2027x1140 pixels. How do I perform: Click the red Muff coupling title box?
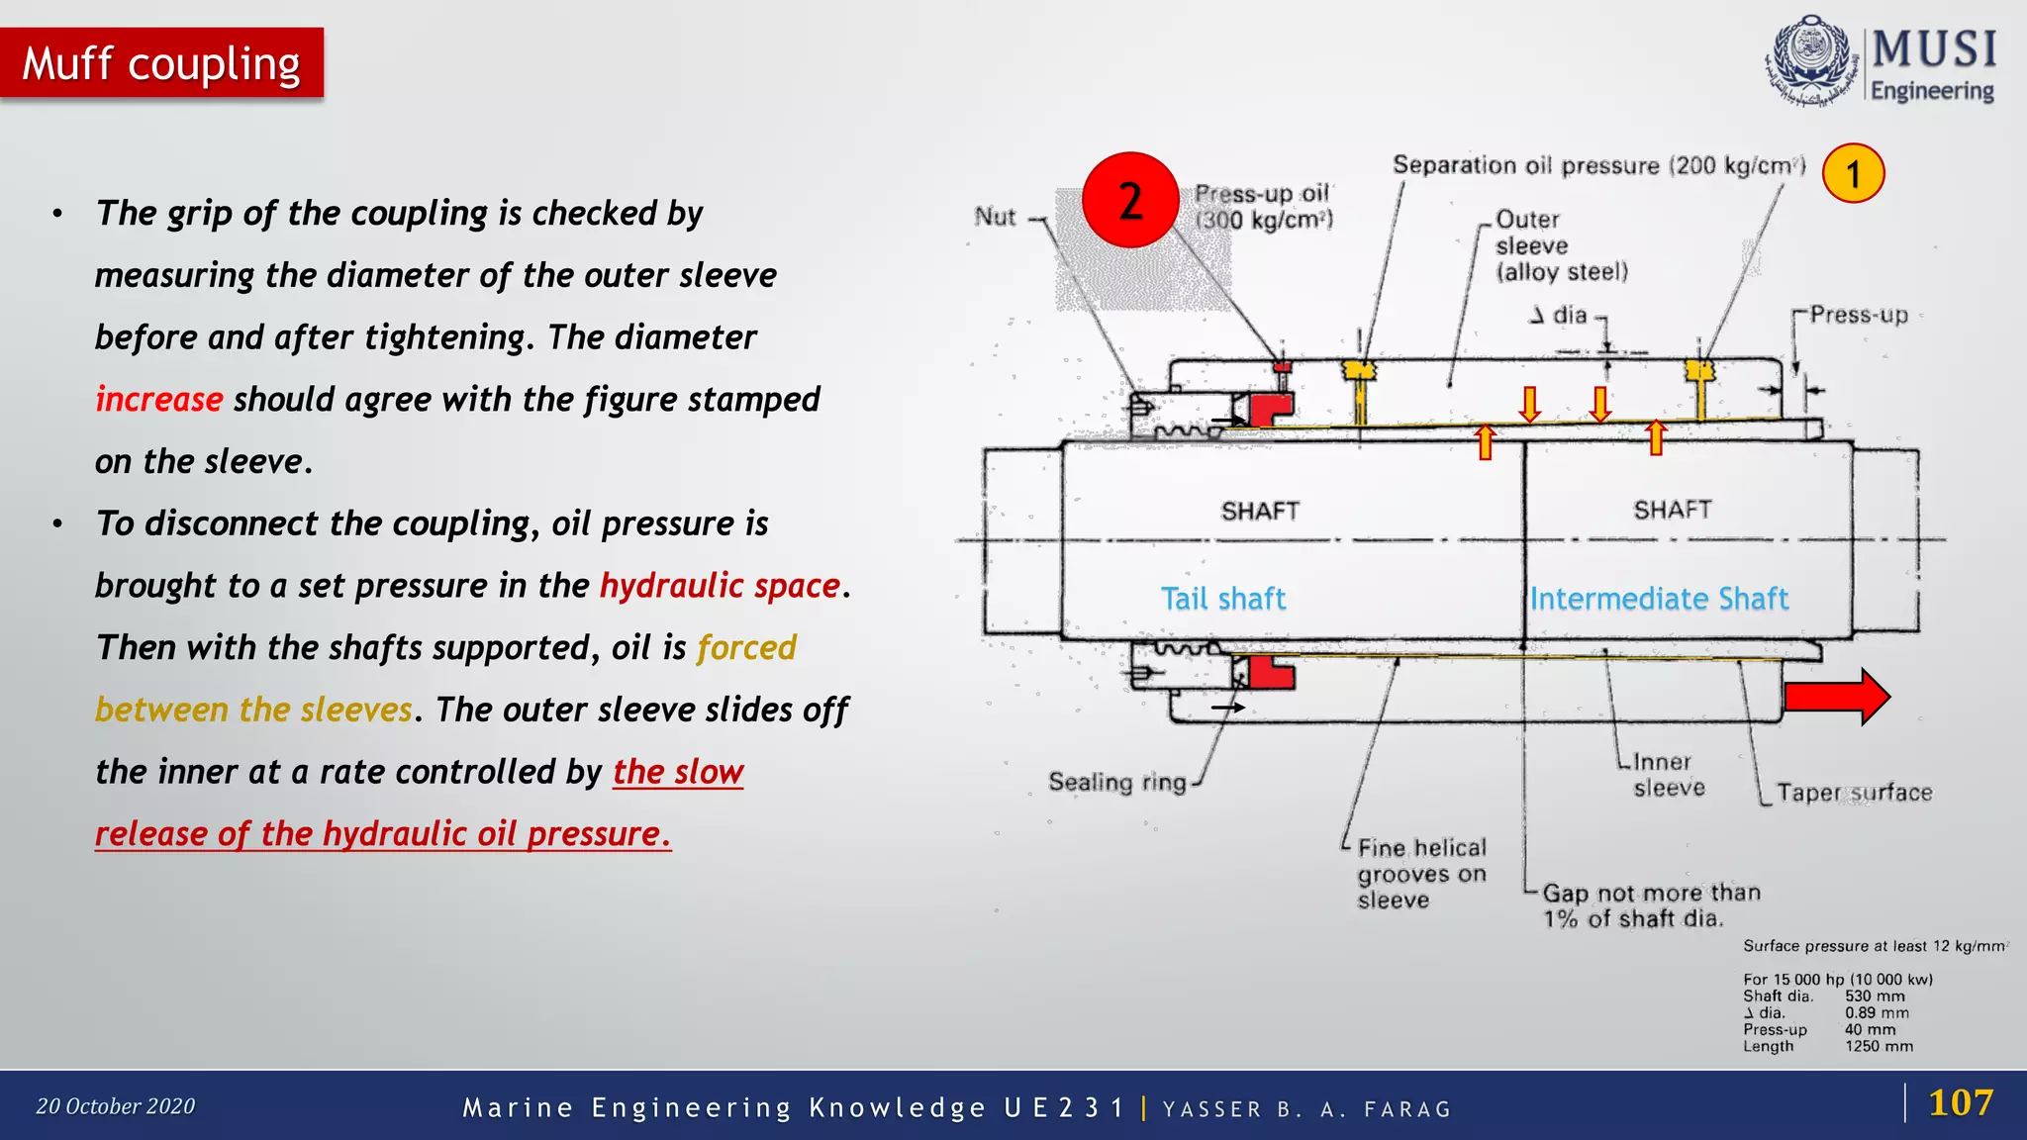[x=161, y=63]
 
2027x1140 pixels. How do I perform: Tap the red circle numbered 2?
[x=1130, y=200]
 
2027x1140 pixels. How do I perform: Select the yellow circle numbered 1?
[x=1853, y=173]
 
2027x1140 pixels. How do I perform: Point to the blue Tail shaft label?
[x=1223, y=599]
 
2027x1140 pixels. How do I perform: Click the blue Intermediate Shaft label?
[x=1659, y=599]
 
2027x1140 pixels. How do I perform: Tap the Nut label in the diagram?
[x=995, y=217]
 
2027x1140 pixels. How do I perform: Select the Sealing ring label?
[x=1117, y=782]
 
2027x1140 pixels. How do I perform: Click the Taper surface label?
[x=1854, y=793]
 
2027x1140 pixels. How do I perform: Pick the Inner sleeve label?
[x=1668, y=775]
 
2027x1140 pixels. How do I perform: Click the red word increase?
[x=159, y=400]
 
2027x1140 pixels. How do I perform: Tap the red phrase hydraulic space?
[x=720, y=586]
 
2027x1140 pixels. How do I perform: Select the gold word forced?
[x=746, y=648]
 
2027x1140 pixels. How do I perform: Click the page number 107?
[x=1960, y=1102]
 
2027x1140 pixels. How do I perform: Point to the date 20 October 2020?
[x=116, y=1106]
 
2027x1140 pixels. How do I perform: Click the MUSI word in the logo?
[x=1933, y=48]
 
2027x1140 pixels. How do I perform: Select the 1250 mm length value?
[x=1879, y=1046]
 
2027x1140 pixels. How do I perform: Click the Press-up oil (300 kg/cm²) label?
[x=1263, y=207]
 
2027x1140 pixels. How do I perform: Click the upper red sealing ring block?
[x=1271, y=408]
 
